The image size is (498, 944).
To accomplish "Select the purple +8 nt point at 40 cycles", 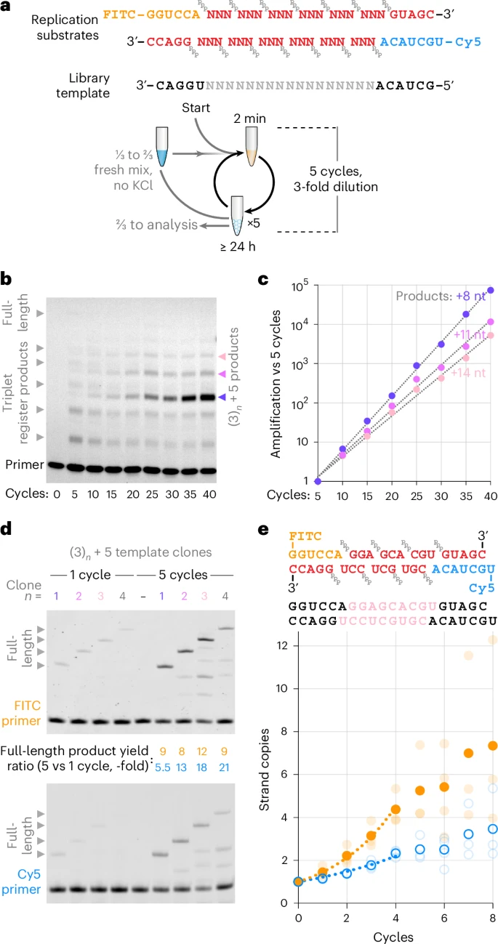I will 490,290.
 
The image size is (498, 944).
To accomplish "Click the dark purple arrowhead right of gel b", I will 220,397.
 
